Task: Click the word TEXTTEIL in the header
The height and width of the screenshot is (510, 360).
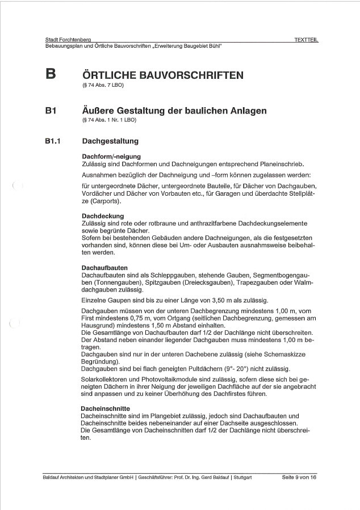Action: (305, 39)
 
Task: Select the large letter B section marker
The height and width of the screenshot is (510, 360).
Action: (51, 74)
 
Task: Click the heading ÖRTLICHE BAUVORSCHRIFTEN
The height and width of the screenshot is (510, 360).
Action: (163, 75)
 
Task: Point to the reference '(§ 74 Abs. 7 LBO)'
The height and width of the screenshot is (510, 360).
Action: (103, 85)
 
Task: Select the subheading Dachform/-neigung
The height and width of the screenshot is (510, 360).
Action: (111, 156)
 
